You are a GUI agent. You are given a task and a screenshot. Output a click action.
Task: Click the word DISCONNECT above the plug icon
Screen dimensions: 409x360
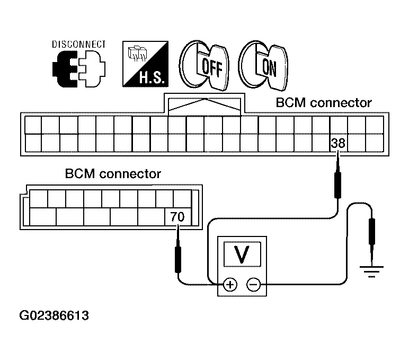point(79,44)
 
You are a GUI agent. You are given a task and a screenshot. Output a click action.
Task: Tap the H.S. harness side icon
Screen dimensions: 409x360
point(146,64)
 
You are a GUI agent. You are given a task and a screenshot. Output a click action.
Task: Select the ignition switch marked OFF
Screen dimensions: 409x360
point(204,65)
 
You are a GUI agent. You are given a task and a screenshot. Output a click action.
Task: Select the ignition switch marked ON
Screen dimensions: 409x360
point(263,65)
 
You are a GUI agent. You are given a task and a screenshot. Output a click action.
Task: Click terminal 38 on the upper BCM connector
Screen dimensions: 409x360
point(339,143)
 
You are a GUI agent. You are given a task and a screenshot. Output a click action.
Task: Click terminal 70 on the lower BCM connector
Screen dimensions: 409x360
point(177,217)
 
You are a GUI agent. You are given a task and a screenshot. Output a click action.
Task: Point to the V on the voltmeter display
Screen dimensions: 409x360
point(242,254)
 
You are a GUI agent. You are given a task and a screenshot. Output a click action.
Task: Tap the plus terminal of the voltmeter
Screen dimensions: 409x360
point(230,284)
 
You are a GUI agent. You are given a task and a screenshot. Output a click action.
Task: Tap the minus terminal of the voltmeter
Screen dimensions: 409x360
point(254,284)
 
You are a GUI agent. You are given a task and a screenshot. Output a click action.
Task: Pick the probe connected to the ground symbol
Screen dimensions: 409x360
point(372,240)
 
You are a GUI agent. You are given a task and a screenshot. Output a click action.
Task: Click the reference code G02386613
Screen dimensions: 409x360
point(54,315)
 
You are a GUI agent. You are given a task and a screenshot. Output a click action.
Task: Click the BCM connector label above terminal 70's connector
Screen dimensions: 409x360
point(113,174)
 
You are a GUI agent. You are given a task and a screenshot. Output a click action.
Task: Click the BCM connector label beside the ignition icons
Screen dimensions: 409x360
point(324,103)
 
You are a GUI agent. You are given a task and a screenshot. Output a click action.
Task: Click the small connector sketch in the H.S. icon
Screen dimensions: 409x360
point(137,54)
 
